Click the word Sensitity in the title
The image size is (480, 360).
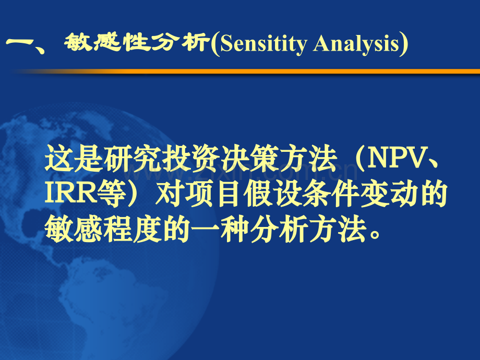(263, 45)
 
